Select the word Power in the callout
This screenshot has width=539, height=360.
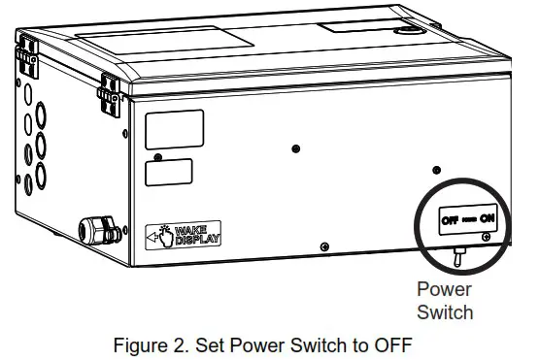[444, 289]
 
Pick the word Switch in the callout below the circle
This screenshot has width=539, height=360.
[445, 311]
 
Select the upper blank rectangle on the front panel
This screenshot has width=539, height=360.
[174, 129]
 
